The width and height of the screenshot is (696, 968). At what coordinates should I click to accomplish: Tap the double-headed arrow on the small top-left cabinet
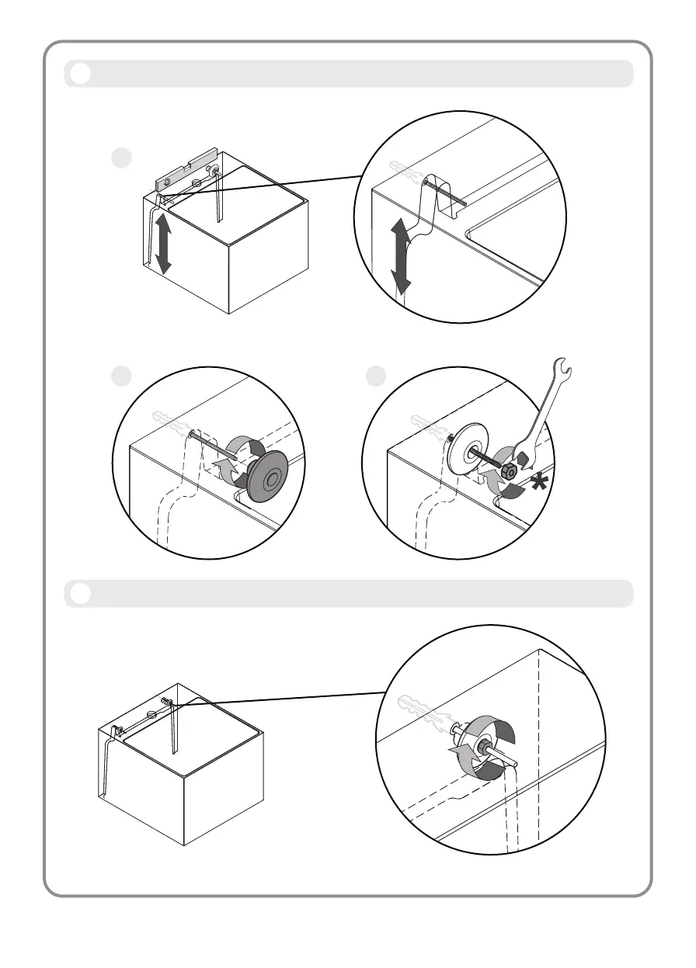tap(163, 244)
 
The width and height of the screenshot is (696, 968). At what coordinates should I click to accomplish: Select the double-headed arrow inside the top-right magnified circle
tap(401, 255)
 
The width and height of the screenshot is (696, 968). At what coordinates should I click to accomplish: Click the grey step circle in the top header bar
tap(79, 74)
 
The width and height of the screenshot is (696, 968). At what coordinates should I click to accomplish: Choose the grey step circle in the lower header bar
tap(79, 594)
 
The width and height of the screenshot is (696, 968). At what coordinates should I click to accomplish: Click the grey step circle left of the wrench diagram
tap(375, 375)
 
